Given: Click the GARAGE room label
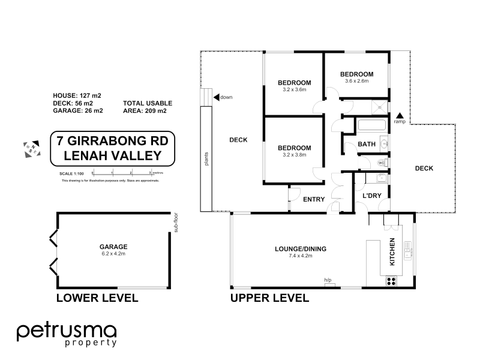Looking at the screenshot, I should click(113, 247).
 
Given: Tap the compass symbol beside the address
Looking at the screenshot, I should click(30, 148).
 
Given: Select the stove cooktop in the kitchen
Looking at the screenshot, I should click(392, 280).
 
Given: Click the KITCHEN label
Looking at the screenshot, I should click(392, 252).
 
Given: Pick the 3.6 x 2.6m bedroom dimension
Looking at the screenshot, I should click(356, 81).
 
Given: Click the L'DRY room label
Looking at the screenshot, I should click(369, 196).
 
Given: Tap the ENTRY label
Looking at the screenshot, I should click(314, 200).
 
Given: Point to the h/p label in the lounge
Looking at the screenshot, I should click(328, 280).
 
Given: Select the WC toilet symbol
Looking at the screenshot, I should click(380, 163).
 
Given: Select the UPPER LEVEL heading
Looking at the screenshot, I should click(270, 298).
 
